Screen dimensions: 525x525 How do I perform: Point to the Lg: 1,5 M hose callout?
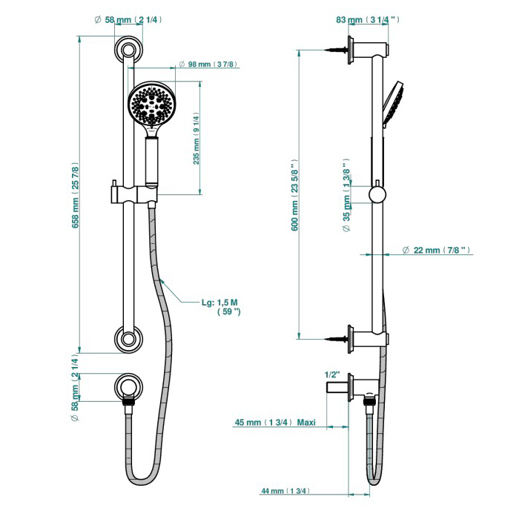(x=220, y=307)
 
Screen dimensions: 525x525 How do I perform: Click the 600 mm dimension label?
(x=294, y=197)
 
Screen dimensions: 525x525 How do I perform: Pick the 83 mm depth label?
(x=367, y=20)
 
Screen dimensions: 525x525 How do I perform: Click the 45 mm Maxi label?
(x=275, y=422)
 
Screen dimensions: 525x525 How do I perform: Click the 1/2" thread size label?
(x=332, y=374)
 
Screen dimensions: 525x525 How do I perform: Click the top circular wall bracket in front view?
(x=129, y=51)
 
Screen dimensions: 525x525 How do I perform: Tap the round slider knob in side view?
(x=377, y=194)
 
